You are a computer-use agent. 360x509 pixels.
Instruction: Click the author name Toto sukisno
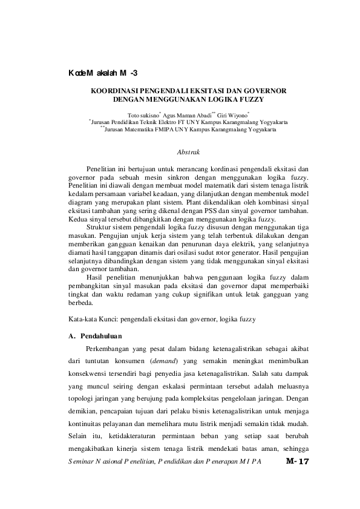coord(143,114)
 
